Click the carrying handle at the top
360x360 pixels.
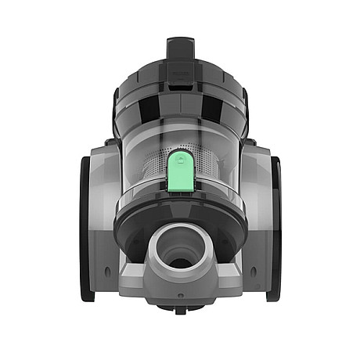[x=179, y=51]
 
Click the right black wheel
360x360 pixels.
[x=274, y=227]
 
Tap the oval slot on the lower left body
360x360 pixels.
[x=108, y=272]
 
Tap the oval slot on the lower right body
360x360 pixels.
[x=252, y=272]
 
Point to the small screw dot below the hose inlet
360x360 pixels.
[x=180, y=297]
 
